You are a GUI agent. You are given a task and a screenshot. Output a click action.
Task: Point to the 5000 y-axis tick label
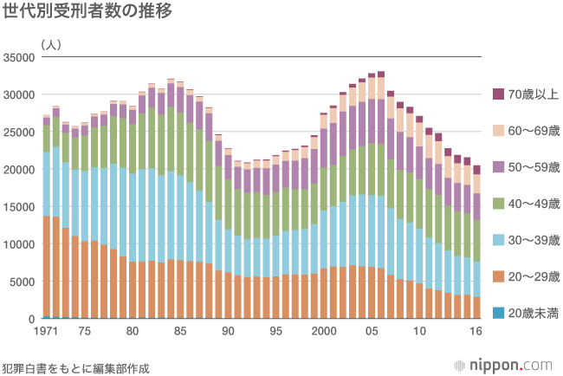tap(22, 282)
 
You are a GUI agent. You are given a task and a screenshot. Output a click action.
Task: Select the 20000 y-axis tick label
tap(19, 170)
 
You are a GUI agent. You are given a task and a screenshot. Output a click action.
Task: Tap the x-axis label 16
tap(476, 332)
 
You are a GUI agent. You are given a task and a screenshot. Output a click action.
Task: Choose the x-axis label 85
tap(180, 332)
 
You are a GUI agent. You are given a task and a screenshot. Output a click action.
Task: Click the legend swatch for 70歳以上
tap(498, 94)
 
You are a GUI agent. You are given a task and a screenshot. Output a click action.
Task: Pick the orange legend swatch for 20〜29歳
tap(498, 276)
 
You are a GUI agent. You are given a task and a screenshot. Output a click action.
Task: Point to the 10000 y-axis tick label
tap(19, 244)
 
